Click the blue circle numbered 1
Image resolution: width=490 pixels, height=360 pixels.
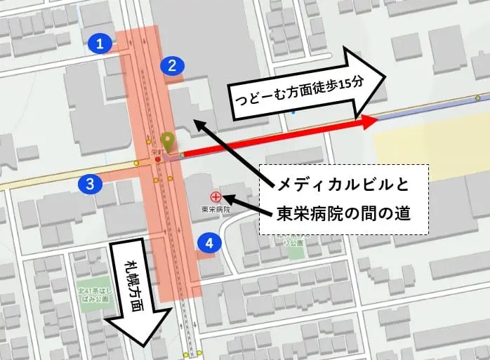tap(101, 45)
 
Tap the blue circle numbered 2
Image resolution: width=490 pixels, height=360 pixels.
tap(172, 66)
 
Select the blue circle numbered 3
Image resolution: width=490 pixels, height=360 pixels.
tap(91, 185)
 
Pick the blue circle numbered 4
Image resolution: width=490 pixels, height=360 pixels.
tap(209, 243)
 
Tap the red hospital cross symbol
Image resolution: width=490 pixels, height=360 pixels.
tap(216, 197)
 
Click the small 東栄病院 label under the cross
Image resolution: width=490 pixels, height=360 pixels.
tap(216, 209)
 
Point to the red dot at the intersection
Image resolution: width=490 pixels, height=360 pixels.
tap(158, 159)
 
